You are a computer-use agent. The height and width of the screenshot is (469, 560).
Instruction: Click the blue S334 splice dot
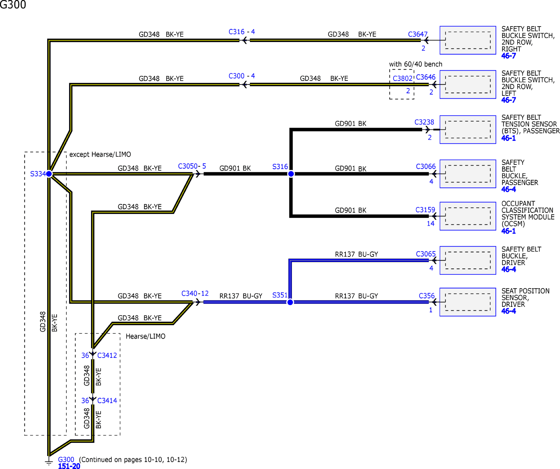click(49, 174)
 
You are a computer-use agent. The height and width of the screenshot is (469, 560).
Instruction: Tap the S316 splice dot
click(291, 174)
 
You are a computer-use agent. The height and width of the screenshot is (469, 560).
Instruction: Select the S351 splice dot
click(290, 302)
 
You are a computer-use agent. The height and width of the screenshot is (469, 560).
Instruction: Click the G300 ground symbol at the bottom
click(49, 461)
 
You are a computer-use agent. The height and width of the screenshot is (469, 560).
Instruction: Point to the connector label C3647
click(418, 34)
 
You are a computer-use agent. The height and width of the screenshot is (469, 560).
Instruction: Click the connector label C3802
click(403, 78)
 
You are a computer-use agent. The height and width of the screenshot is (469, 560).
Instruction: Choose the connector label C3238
click(424, 122)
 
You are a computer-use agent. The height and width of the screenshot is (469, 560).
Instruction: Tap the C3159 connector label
click(425, 210)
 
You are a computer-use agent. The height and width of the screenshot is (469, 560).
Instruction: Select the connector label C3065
click(426, 254)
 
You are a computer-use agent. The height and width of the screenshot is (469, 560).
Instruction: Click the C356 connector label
click(427, 296)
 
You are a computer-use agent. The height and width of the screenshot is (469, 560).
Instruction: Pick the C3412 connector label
click(107, 355)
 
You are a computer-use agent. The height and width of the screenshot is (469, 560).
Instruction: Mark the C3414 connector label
click(107, 400)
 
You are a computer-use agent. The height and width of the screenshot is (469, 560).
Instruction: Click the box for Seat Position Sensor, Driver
click(468, 302)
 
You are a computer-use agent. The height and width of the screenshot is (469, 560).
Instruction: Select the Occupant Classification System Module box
click(468, 216)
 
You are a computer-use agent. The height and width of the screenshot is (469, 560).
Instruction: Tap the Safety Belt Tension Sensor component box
click(468, 130)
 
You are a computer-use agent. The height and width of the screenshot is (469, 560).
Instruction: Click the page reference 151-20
click(69, 466)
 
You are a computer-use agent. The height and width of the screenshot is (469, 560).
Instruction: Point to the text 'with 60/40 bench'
click(416, 64)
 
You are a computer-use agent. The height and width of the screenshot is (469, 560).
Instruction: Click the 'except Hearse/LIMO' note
click(100, 154)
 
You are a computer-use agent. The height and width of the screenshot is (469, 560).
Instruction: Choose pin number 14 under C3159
click(431, 224)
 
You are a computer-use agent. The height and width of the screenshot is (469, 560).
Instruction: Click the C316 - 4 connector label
click(242, 32)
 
